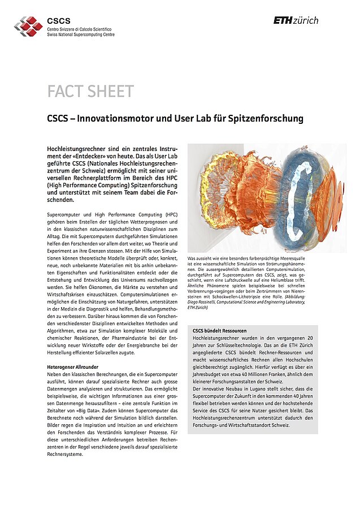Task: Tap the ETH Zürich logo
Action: [296, 20]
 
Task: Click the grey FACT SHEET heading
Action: [90, 91]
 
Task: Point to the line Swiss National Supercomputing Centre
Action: [81, 34]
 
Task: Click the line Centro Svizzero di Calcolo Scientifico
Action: [79, 29]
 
